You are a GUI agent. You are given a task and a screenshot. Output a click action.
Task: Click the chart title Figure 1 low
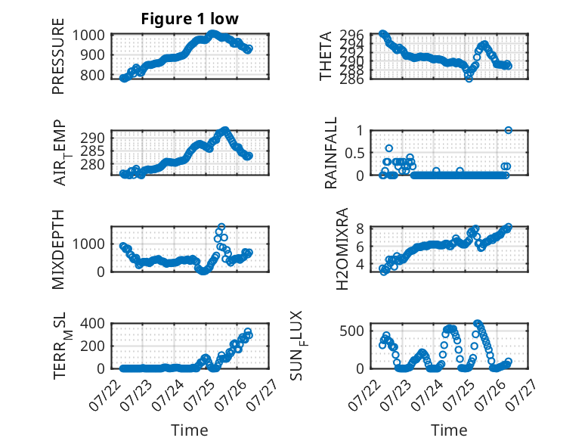(x=190, y=19)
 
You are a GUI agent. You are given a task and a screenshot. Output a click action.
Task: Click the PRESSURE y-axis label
(x=58, y=56)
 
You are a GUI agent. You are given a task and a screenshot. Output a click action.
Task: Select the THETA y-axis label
(x=326, y=56)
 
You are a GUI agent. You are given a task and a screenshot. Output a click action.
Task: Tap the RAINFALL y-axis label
(x=330, y=153)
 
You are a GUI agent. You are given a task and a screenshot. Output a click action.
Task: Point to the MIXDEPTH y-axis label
(x=58, y=249)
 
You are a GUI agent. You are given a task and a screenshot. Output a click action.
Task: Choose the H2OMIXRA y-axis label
(x=342, y=249)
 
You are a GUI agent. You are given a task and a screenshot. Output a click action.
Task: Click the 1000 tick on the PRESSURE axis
(x=88, y=35)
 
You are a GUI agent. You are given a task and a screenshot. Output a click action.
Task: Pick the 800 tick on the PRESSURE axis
(x=92, y=75)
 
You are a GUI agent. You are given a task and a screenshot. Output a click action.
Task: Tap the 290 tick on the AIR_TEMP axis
(x=92, y=138)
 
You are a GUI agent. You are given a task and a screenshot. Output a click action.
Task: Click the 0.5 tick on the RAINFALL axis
(x=354, y=153)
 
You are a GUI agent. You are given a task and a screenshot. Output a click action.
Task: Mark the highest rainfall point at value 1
(x=508, y=130)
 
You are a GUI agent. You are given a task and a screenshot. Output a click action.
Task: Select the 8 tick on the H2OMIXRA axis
(x=360, y=228)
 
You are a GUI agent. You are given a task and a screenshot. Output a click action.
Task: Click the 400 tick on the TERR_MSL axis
(x=92, y=323)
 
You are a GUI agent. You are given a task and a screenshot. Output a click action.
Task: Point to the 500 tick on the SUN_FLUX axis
(x=351, y=331)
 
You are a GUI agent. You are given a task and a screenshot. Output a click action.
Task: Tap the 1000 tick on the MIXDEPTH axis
(x=88, y=244)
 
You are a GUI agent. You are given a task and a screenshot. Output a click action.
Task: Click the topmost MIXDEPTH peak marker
(x=221, y=227)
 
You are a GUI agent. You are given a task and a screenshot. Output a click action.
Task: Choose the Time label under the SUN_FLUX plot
(x=449, y=430)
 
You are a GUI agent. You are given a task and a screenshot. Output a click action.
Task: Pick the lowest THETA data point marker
(x=469, y=78)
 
